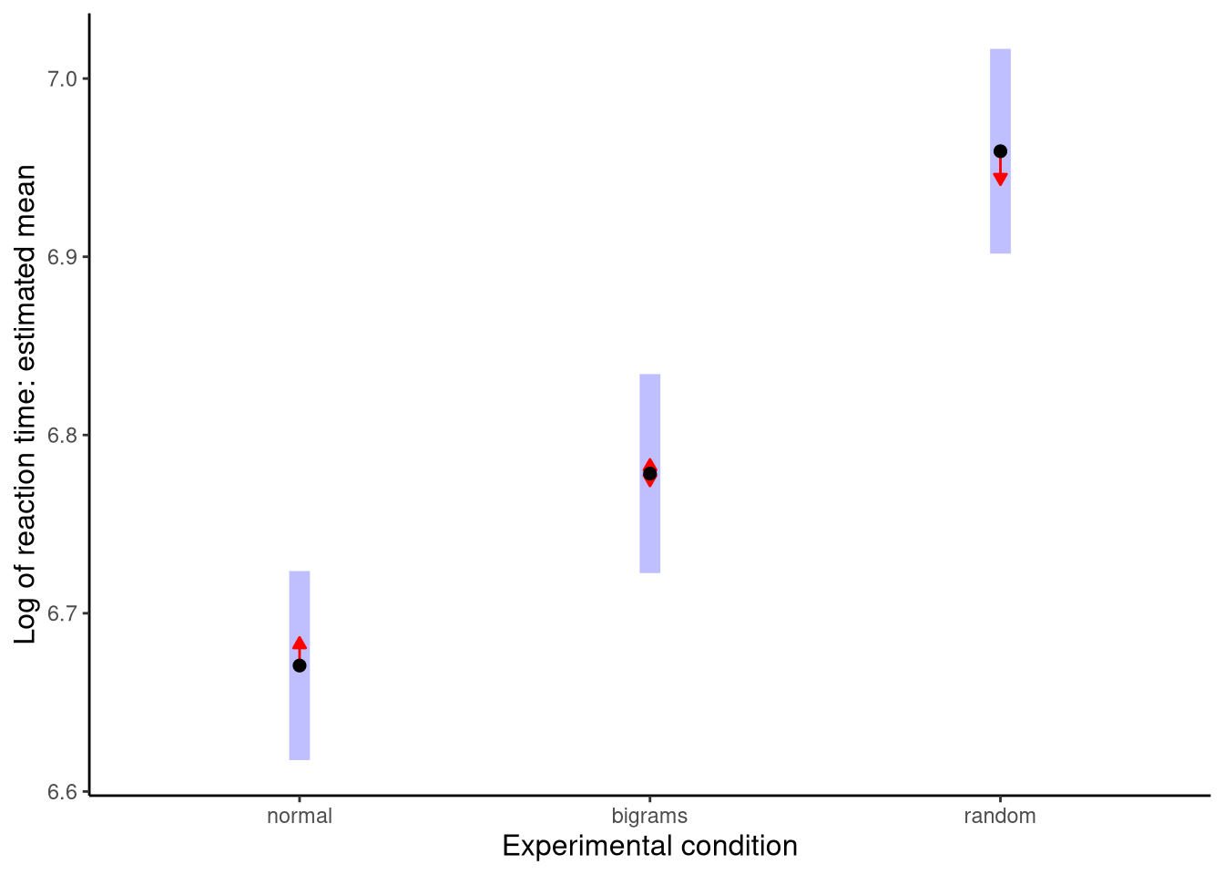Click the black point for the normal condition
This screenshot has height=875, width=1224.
(300, 665)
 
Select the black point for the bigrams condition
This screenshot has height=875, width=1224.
(649, 474)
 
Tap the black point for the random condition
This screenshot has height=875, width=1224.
(1000, 151)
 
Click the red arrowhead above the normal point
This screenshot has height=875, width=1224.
(300, 643)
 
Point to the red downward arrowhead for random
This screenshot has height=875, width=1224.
(1000, 179)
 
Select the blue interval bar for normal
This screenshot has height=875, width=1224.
(300, 720)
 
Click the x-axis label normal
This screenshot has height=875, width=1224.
(300, 817)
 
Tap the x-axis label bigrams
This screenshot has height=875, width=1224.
(649, 817)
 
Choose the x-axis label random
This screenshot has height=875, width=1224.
(1000, 817)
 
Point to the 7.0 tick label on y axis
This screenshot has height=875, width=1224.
(62, 79)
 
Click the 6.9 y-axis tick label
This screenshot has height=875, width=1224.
(62, 257)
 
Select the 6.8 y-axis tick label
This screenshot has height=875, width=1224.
(62, 435)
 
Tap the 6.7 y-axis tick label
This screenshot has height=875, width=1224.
(62, 612)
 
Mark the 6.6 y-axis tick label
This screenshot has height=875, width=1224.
(62, 791)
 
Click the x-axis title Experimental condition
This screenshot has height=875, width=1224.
(649, 847)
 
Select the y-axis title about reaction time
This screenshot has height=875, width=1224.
(26, 404)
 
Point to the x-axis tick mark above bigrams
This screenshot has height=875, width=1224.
(649, 798)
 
